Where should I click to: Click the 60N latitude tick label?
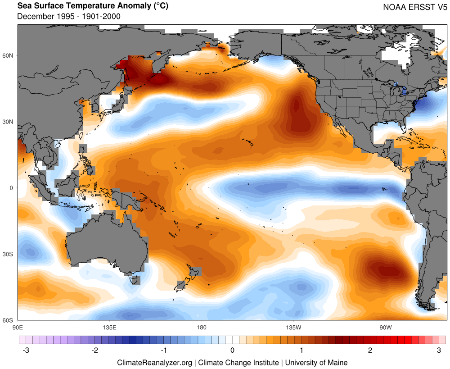(x=9, y=55)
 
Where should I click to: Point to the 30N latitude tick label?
(x=9, y=122)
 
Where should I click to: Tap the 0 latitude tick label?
(x=12, y=188)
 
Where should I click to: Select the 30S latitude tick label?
(x=9, y=254)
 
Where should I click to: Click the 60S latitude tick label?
(x=9, y=320)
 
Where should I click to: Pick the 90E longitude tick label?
(x=18, y=327)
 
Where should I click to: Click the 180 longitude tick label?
(x=201, y=327)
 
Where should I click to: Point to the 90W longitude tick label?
(x=385, y=327)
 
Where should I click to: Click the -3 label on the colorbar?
(x=26, y=350)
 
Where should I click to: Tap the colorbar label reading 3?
(x=439, y=350)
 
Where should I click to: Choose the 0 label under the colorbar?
(x=232, y=350)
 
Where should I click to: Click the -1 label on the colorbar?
(x=163, y=350)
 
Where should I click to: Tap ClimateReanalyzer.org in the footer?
(x=154, y=362)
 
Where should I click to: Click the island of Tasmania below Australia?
(x=134, y=280)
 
